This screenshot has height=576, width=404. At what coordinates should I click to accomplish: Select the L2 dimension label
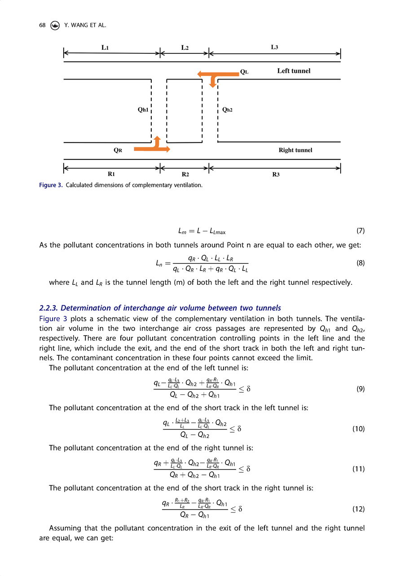(x=184, y=47)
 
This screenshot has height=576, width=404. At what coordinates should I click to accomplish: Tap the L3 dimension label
(x=275, y=47)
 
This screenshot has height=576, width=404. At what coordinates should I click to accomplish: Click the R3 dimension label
(x=276, y=174)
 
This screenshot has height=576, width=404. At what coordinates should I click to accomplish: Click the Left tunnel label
(x=294, y=71)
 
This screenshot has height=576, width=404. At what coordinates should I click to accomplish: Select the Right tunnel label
(x=295, y=150)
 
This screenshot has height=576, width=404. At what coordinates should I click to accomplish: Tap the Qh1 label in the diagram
(x=143, y=109)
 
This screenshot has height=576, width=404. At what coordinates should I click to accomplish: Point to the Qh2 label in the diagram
(x=228, y=109)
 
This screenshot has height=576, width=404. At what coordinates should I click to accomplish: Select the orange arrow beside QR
(x=153, y=146)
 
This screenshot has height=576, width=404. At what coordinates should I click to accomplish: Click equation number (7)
(x=360, y=231)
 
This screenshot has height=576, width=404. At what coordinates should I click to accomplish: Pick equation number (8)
(x=360, y=264)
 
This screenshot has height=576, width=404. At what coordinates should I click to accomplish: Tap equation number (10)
(x=359, y=429)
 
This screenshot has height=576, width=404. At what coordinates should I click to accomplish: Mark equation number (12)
(x=359, y=510)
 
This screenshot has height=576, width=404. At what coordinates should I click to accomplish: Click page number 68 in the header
(x=43, y=26)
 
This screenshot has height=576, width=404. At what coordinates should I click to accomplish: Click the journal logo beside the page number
(x=55, y=26)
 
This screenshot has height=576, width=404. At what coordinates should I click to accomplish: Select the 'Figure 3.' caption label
(x=51, y=185)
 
